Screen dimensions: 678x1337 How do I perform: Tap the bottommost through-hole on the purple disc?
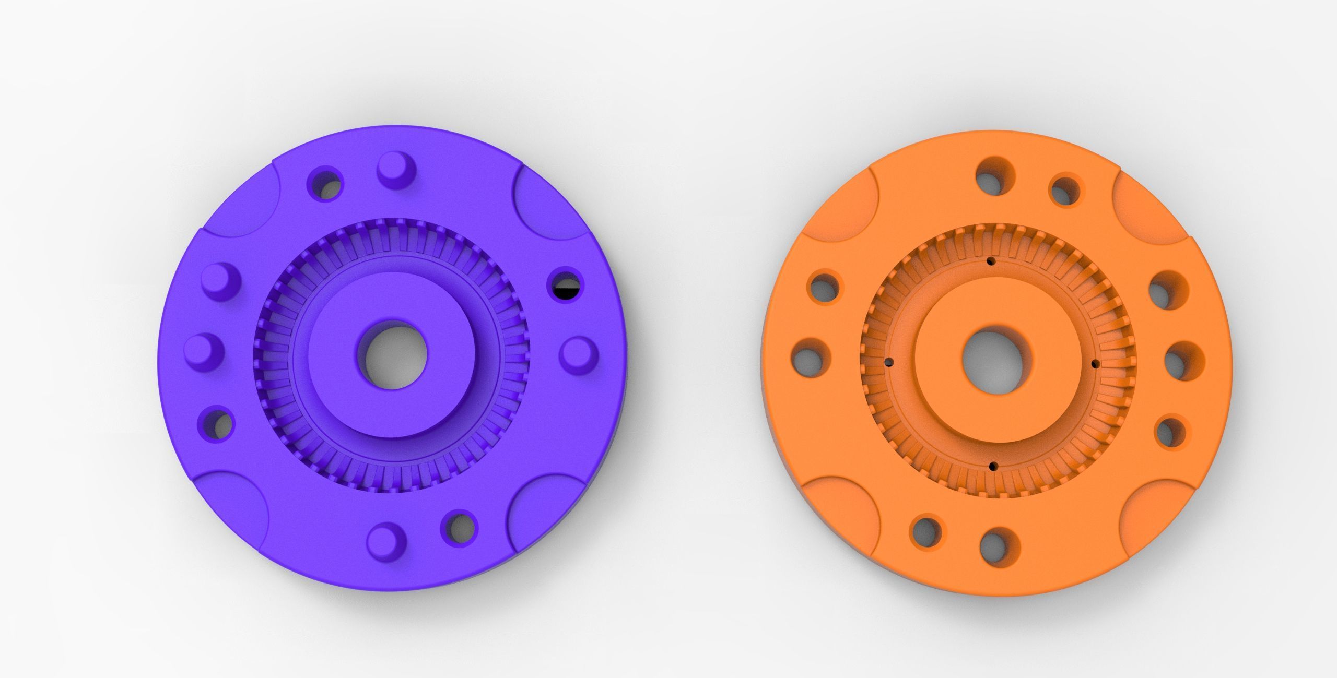[460, 527]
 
